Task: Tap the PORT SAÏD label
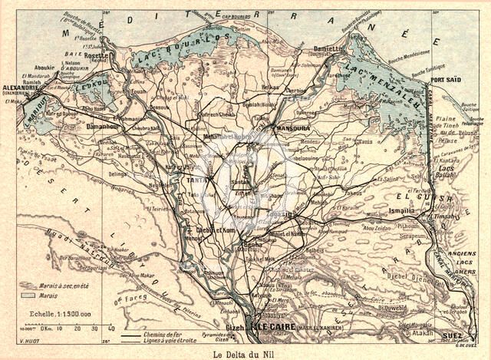447,81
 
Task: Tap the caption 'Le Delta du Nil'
245,353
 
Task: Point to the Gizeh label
233,327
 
